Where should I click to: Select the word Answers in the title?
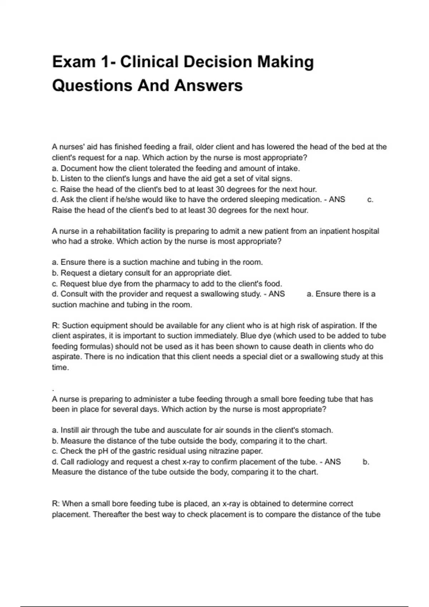tap(208, 85)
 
